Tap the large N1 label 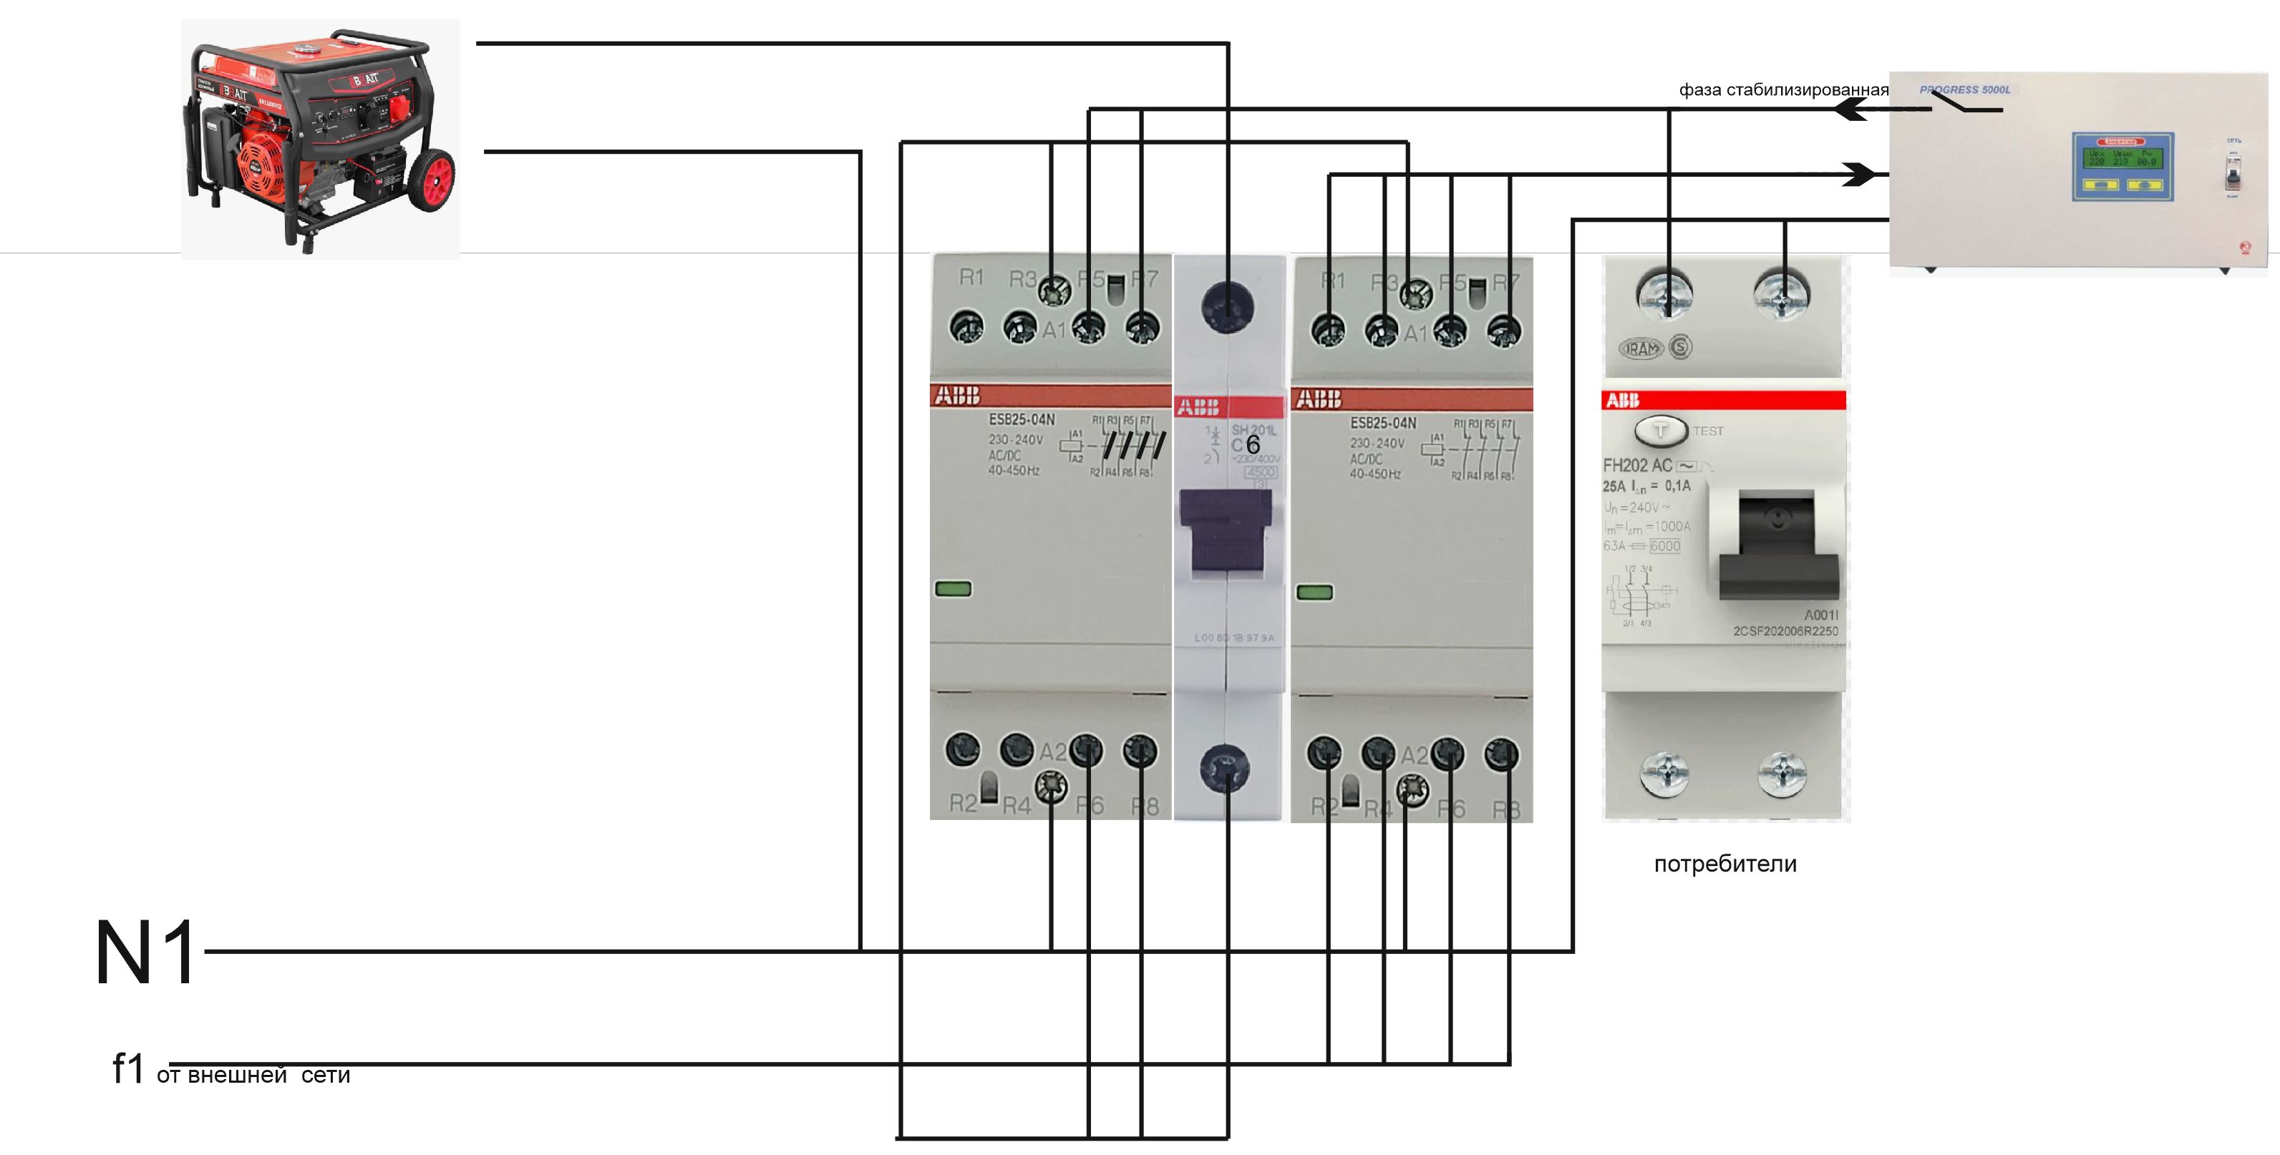[146, 952]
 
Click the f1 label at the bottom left [127, 1068]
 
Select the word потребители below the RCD [1725, 864]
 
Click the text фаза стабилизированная [1782, 89]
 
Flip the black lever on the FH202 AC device [1777, 549]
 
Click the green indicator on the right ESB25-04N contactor [1314, 592]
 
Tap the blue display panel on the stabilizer [2123, 165]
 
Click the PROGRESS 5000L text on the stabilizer [1965, 89]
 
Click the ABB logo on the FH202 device [1622, 400]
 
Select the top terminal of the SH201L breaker [1227, 306]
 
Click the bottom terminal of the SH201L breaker [1225, 767]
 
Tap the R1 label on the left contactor [971, 278]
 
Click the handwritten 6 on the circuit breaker [1253, 444]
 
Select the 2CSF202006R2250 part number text [1785, 631]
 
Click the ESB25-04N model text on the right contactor [1382, 423]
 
